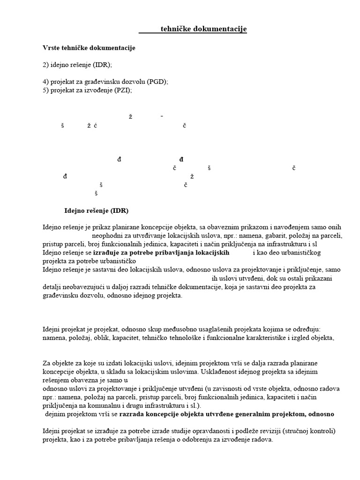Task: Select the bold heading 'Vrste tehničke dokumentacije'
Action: pos(89,48)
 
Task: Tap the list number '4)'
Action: pos(45,82)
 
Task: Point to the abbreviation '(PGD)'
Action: pos(157,82)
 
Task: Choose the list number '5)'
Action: pos(45,90)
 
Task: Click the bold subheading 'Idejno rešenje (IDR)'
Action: pos(96,210)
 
